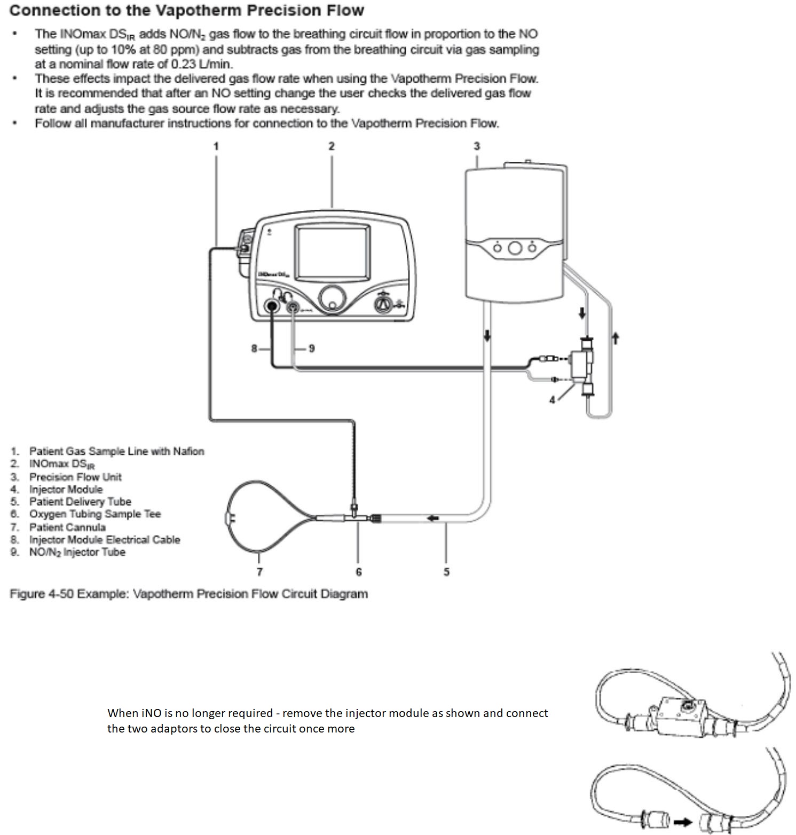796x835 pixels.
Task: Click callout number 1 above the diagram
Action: coord(216,146)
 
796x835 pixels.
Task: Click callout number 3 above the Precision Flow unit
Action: coord(477,146)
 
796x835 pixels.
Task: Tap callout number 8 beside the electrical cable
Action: coord(255,348)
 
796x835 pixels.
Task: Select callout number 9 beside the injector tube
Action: coord(312,348)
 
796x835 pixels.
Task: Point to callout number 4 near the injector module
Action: coord(553,399)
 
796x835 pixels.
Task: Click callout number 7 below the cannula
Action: coord(259,572)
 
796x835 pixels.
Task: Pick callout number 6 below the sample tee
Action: coord(359,572)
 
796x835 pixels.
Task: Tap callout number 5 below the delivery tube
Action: coord(446,572)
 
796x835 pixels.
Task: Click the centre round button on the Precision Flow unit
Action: coord(515,248)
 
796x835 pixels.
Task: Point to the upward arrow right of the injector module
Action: coord(615,337)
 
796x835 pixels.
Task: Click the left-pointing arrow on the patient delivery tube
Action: coord(432,518)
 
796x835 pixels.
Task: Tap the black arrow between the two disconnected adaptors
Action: coord(683,822)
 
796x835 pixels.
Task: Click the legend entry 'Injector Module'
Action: coord(66,489)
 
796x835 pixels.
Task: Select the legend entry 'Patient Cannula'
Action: coord(67,527)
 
